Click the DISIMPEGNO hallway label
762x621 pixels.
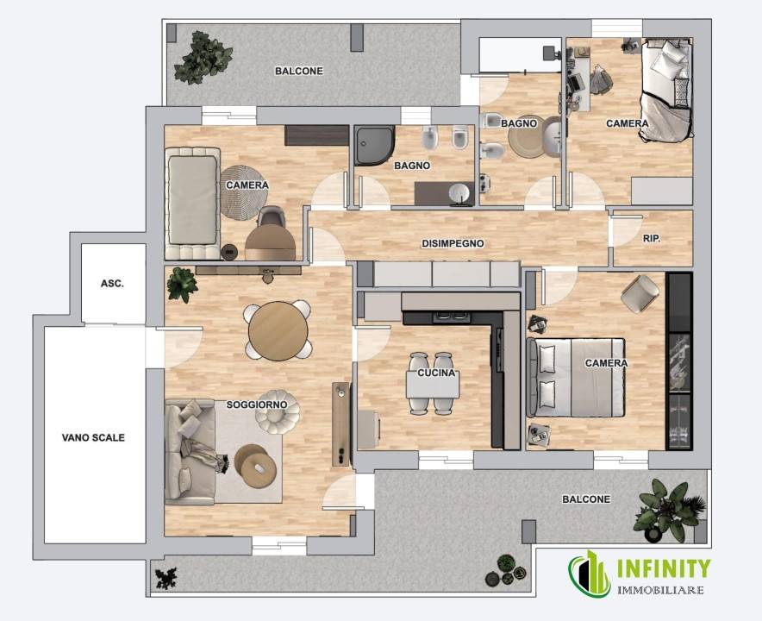tap(453, 243)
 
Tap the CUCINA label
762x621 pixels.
tap(436, 373)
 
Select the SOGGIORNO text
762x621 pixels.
tap(257, 405)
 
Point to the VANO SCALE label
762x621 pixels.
tap(93, 437)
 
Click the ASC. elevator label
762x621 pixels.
tap(112, 283)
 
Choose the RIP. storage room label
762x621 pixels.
tap(651, 239)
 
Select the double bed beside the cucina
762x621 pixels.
tap(576, 378)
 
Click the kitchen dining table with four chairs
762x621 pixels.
tap(433, 384)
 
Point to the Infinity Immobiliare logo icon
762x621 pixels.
tap(590, 574)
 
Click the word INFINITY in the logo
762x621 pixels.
tap(664, 569)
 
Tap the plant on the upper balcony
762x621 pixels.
tap(202, 58)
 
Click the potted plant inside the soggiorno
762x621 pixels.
tap(182, 285)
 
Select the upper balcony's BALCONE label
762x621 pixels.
tap(299, 71)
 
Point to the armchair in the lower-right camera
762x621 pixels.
tap(640, 294)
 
